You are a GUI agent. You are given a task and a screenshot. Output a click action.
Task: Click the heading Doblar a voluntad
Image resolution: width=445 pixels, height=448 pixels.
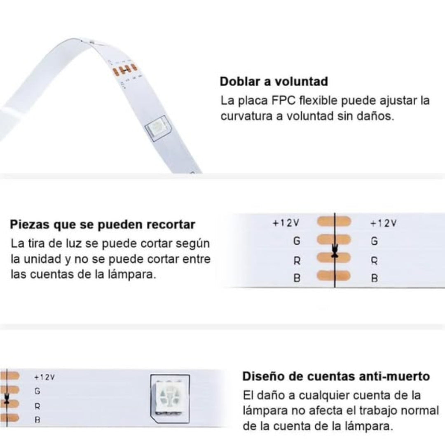tap(274, 82)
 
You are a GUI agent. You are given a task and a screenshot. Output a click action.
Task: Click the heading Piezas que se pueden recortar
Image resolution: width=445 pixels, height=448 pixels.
tap(103, 225)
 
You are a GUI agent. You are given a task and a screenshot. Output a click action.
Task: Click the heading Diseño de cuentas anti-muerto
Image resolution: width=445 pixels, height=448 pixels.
tap(336, 376)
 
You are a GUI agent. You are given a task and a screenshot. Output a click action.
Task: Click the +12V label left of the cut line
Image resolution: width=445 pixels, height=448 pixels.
tap(286, 223)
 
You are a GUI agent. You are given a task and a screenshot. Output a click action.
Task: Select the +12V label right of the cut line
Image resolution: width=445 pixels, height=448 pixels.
tap(383, 223)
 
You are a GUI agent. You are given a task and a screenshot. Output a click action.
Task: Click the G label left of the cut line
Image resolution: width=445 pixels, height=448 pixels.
tap(297, 241)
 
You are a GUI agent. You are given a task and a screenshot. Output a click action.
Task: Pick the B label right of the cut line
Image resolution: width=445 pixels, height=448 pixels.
tap(374, 278)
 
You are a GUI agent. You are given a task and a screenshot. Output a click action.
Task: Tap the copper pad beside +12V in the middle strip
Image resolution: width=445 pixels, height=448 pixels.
tap(334, 221)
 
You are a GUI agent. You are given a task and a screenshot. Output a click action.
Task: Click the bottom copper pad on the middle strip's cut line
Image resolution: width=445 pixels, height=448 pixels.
tap(334, 276)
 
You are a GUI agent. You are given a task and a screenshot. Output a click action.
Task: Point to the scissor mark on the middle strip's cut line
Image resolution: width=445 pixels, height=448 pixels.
tap(335, 251)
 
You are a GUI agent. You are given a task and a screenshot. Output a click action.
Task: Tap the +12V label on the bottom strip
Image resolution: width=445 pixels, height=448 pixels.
tap(44, 378)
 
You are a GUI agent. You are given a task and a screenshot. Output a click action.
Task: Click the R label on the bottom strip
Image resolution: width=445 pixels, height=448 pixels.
tap(37, 406)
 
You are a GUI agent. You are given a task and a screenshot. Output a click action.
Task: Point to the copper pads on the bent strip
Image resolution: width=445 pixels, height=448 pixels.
tap(125, 70)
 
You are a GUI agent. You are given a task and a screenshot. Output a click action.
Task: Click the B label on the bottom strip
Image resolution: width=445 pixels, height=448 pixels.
tap(37, 420)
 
